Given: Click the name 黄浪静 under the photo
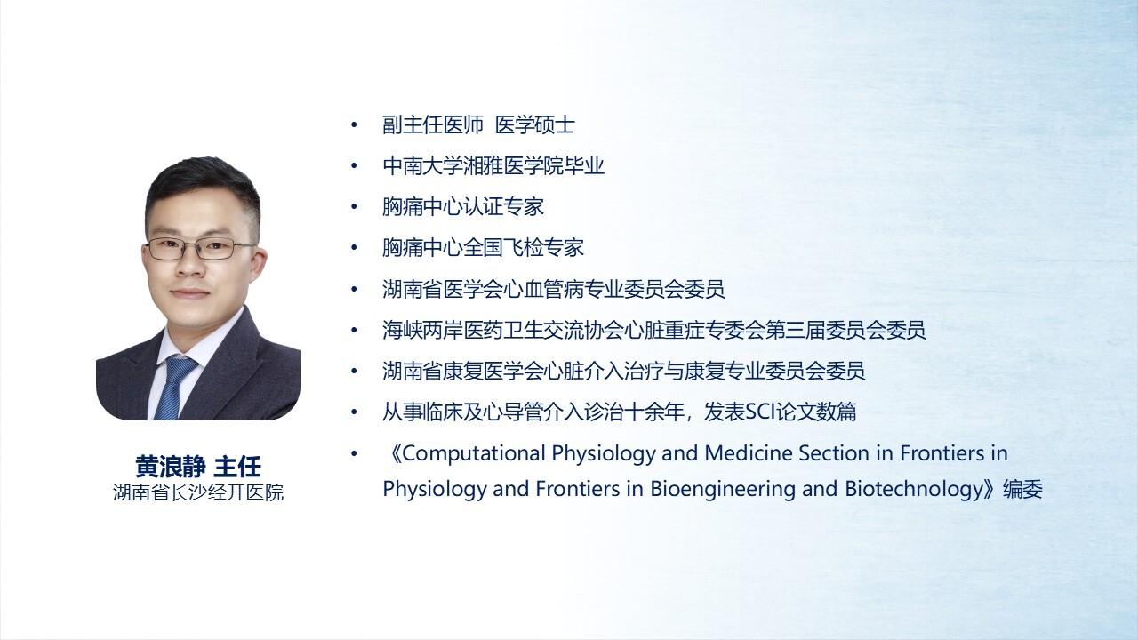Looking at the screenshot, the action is tap(171, 467).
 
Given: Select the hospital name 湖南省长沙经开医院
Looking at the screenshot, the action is tap(198, 492).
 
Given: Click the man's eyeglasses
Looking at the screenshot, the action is tap(199, 248).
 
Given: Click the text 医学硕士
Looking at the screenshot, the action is tap(535, 125).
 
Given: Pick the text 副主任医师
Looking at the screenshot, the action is tap(433, 125).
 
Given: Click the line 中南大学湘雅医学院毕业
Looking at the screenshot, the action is tap(493, 166).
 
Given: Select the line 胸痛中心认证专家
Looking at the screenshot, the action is tap(463, 207).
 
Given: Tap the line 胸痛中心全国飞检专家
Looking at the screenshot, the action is tap(483, 248).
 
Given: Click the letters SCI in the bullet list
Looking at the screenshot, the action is tap(760, 412).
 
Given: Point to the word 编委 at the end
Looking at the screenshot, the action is tap(1022, 490).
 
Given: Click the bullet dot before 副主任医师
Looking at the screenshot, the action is tap(354, 125).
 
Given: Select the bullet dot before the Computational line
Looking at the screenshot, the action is tap(354, 453).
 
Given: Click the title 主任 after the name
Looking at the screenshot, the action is tap(237, 467).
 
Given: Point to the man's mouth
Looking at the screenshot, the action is tap(189, 293).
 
